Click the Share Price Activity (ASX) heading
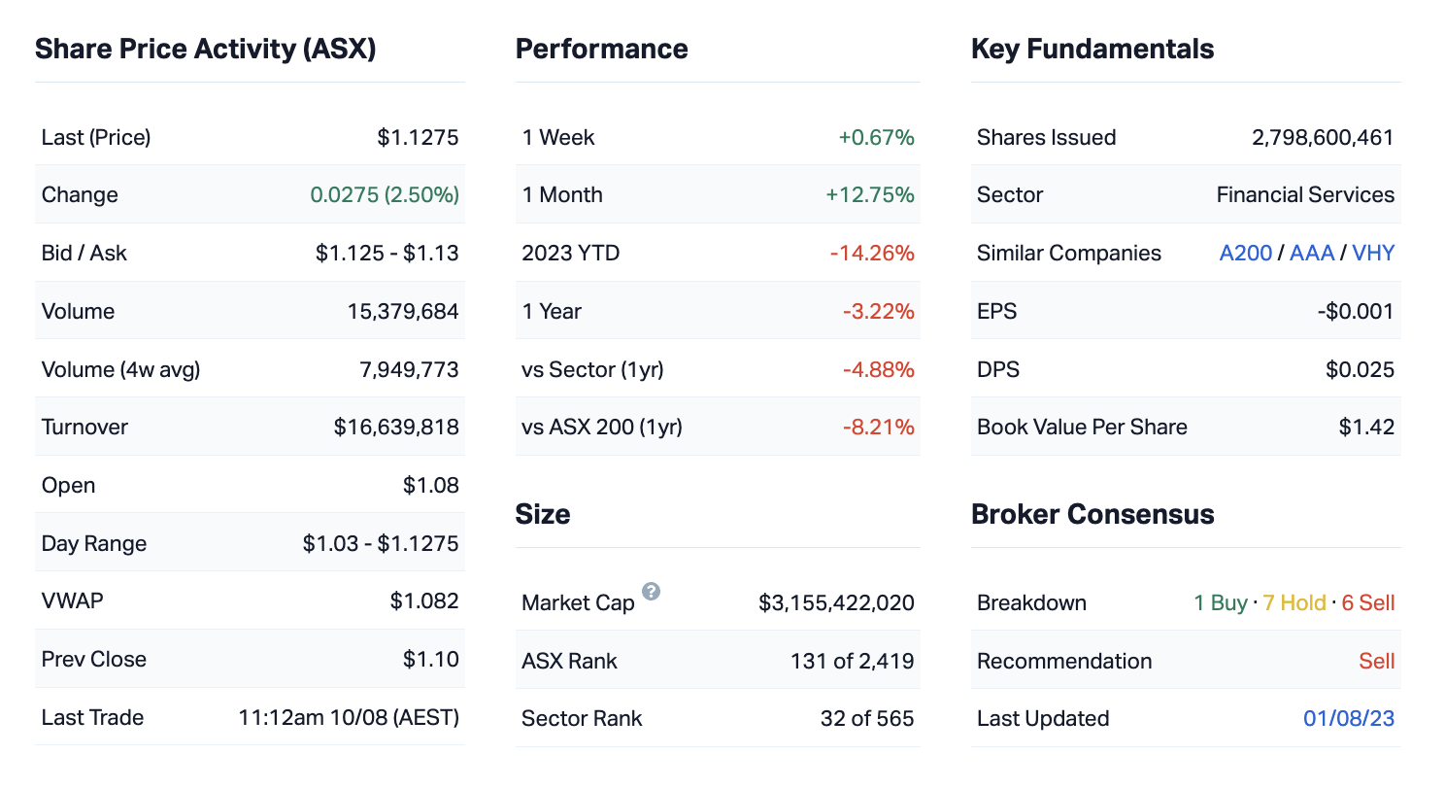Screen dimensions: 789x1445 click(205, 50)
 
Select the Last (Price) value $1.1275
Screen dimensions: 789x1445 click(418, 138)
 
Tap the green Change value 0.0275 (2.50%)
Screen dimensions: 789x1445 click(385, 195)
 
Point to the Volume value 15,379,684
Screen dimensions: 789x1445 click(403, 312)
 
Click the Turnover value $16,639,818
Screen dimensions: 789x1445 click(396, 428)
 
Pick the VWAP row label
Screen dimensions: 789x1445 click(72, 601)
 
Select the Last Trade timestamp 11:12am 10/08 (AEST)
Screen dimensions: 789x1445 click(349, 718)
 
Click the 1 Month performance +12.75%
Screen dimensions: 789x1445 click(870, 195)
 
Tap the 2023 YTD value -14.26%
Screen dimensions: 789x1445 click(872, 254)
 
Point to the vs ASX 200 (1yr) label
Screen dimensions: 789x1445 click(602, 428)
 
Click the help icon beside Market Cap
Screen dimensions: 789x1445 click(651, 592)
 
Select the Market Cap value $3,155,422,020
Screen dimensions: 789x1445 click(836, 603)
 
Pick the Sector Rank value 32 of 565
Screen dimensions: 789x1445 click(867, 719)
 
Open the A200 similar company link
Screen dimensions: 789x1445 click(1246, 254)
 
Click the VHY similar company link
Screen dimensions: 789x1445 click(1373, 254)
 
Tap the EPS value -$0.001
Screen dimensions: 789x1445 click(1358, 312)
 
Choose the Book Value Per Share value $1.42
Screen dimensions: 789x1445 click(1366, 428)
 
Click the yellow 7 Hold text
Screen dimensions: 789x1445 click(1294, 603)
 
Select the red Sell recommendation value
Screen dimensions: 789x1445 click(1376, 662)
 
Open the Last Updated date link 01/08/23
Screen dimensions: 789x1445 click(1349, 719)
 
